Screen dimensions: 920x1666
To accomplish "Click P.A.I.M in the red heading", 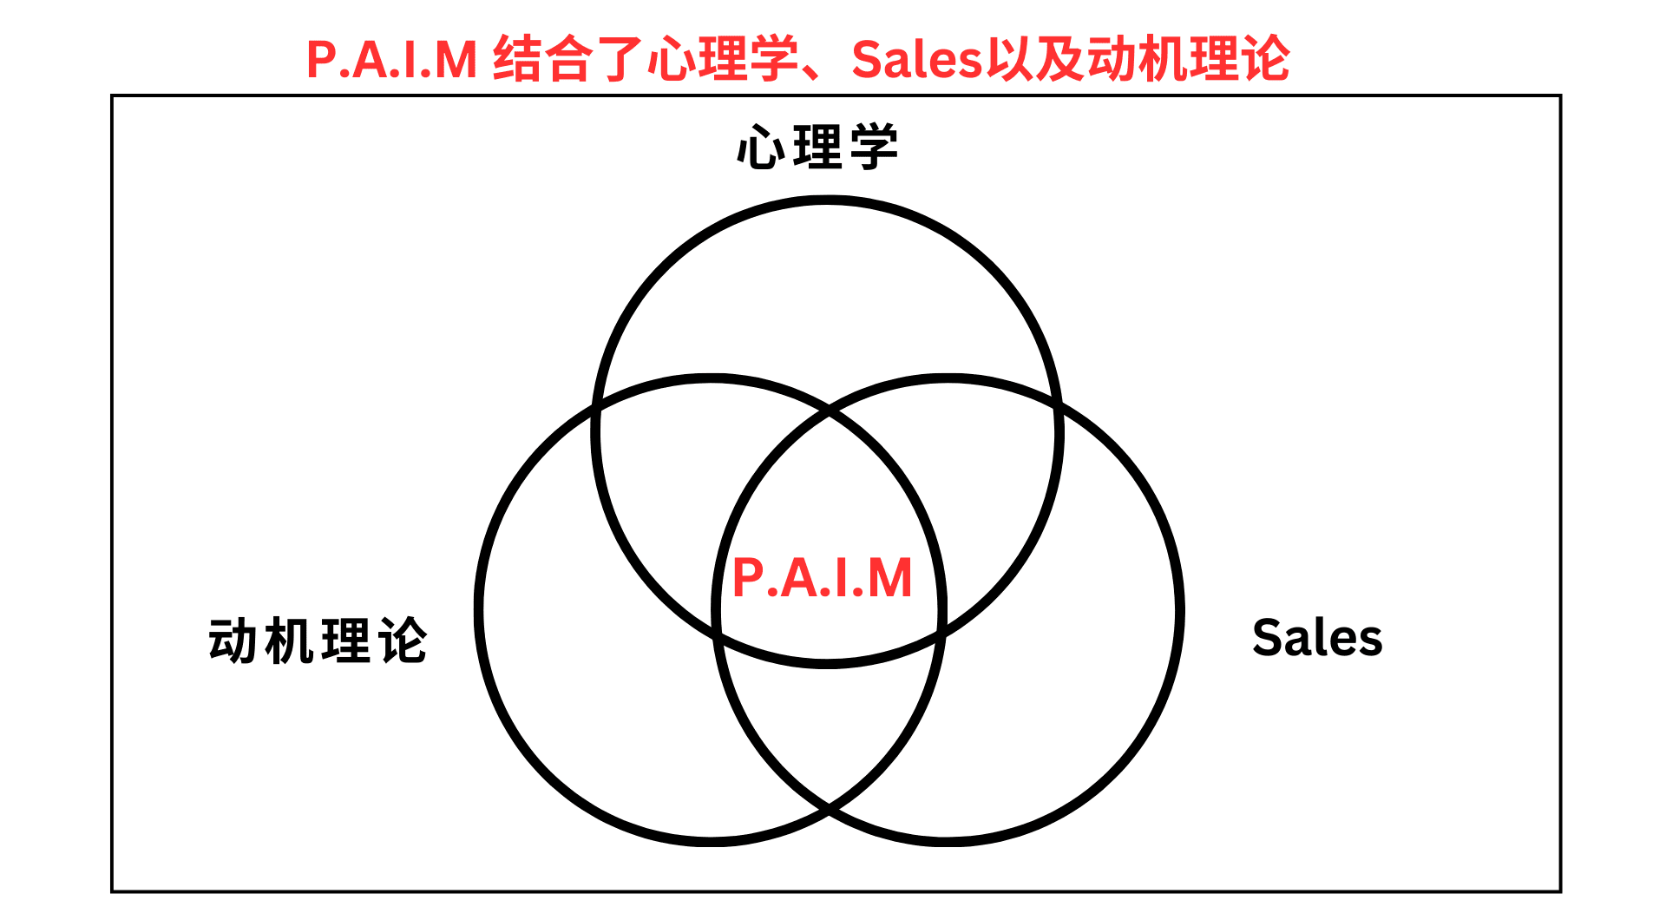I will tap(392, 60).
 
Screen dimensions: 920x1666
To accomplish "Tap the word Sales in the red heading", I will tap(916, 60).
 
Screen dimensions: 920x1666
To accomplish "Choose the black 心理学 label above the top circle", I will tap(817, 148).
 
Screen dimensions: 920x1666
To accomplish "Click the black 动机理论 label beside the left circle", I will tap(318, 641).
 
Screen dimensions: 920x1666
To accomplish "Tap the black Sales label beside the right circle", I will tap(1316, 638).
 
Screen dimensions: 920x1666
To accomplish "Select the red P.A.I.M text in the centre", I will tap(823, 579).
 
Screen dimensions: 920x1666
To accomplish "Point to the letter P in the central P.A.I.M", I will tap(749, 579).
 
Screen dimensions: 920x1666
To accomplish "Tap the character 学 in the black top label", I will tap(874, 148).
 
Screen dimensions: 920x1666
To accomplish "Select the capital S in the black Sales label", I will tap(1268, 638).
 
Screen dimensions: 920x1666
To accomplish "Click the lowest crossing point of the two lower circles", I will tap(830, 811).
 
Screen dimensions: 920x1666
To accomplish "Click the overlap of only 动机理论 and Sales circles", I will tap(830, 729).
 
